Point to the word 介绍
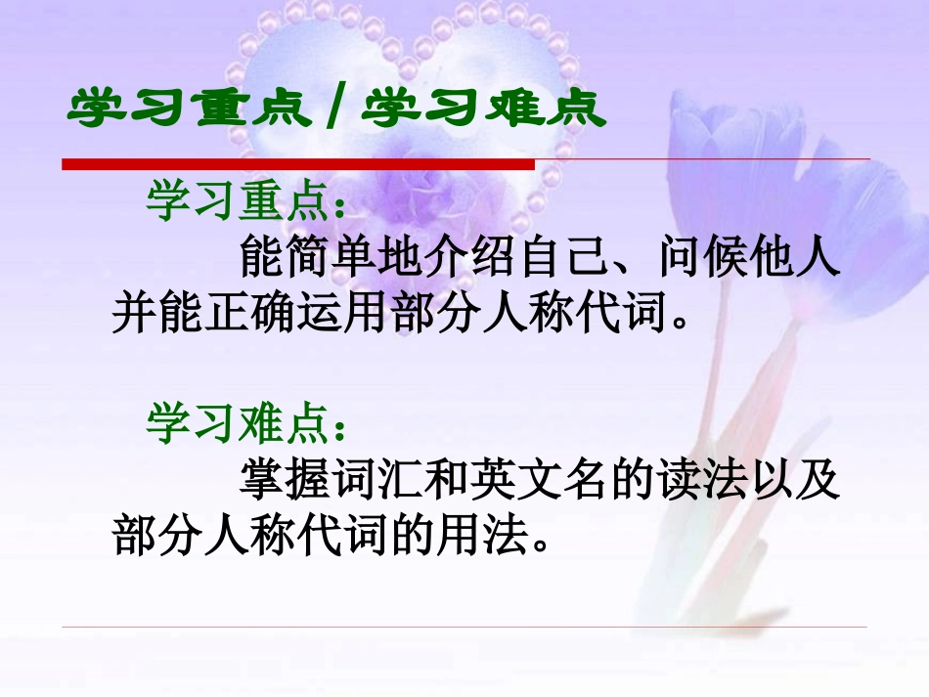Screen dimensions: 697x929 pyautogui.click(x=464, y=259)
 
